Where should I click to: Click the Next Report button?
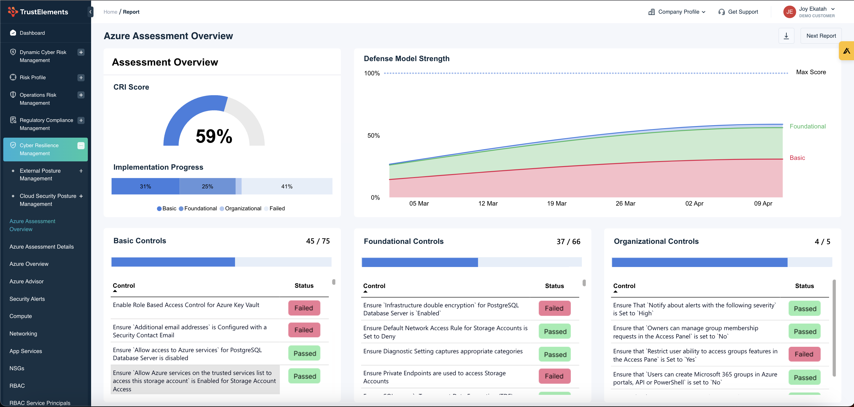tap(821, 36)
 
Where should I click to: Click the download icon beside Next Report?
tap(786, 36)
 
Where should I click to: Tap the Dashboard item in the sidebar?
tap(32, 33)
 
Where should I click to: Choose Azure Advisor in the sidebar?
tap(26, 282)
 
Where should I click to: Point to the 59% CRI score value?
tap(214, 136)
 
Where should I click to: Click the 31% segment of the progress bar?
tap(145, 187)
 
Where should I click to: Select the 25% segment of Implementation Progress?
tap(207, 187)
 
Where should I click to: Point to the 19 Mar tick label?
tap(557, 203)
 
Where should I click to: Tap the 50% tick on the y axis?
tap(373, 136)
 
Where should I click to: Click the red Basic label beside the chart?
tap(797, 158)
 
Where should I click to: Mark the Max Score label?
tap(811, 72)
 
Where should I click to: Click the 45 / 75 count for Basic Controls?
tap(318, 241)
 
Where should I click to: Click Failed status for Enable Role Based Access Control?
tap(304, 308)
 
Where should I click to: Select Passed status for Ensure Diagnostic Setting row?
tap(555, 354)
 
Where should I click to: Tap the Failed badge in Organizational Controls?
tap(804, 354)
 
